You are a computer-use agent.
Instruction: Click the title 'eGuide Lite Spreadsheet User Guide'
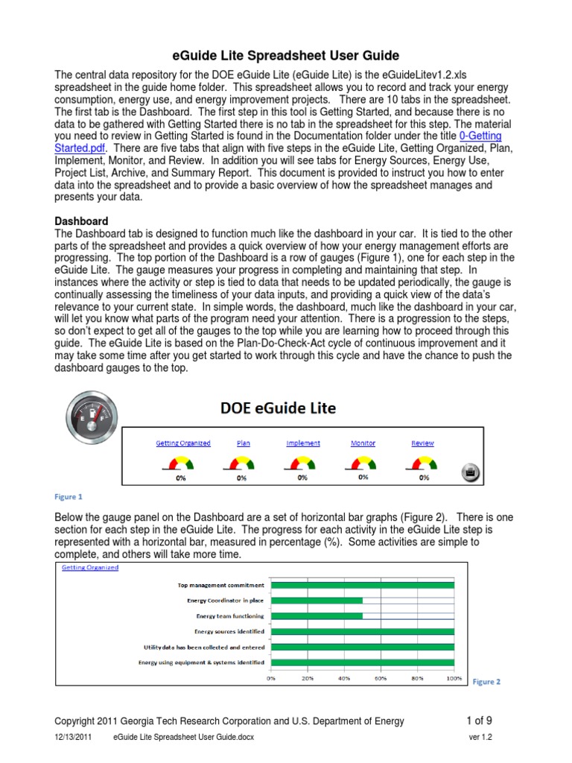click(287, 56)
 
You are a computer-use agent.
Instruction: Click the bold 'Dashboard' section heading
click(82, 221)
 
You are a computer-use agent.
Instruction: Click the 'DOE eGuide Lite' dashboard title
click(278, 408)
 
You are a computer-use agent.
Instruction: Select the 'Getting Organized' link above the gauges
click(183, 443)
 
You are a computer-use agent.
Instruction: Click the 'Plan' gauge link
click(244, 443)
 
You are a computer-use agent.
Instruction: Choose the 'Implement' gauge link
click(303, 443)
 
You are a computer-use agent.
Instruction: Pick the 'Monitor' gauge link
click(363, 443)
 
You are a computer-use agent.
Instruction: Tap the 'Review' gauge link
click(422, 443)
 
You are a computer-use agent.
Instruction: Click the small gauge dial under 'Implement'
click(302, 465)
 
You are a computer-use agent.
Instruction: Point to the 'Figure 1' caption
click(69, 496)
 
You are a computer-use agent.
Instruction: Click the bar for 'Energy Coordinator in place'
click(317, 601)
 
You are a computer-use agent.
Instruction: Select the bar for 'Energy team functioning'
click(317, 616)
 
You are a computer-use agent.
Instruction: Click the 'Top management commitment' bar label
click(220, 586)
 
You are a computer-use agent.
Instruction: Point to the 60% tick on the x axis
click(380, 679)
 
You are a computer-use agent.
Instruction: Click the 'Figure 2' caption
click(487, 681)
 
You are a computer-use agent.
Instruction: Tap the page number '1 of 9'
click(479, 721)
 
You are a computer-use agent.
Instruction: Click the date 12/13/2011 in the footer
click(72, 738)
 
